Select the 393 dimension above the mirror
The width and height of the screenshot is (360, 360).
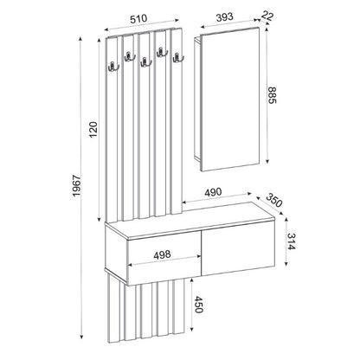click(x=228, y=16)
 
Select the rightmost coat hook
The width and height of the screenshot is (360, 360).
click(x=178, y=60)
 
